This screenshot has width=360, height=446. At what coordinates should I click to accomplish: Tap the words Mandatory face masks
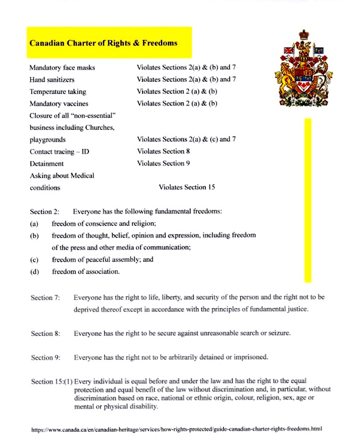coord(62,67)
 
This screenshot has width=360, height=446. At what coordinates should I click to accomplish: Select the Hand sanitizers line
coord(52,79)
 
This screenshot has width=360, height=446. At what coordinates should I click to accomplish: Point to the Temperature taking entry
coord(58,91)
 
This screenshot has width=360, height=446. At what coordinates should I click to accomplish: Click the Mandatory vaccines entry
coord(59,104)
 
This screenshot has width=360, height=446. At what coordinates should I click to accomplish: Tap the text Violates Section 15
coord(187,187)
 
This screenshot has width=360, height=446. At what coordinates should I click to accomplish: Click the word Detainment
coord(47,164)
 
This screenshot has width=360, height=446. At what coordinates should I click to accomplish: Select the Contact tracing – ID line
coord(59,152)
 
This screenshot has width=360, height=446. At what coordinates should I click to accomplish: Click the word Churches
coord(101,127)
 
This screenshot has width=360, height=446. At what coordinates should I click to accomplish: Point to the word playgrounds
coord(48,139)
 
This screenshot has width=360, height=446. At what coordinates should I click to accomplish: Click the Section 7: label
coord(46,298)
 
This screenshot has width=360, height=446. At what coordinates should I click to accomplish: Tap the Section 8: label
coord(46,334)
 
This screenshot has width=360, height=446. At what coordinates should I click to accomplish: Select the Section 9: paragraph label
coord(46,358)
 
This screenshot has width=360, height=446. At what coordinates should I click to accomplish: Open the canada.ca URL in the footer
coord(176,429)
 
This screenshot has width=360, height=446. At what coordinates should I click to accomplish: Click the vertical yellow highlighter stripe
coord(307,200)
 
